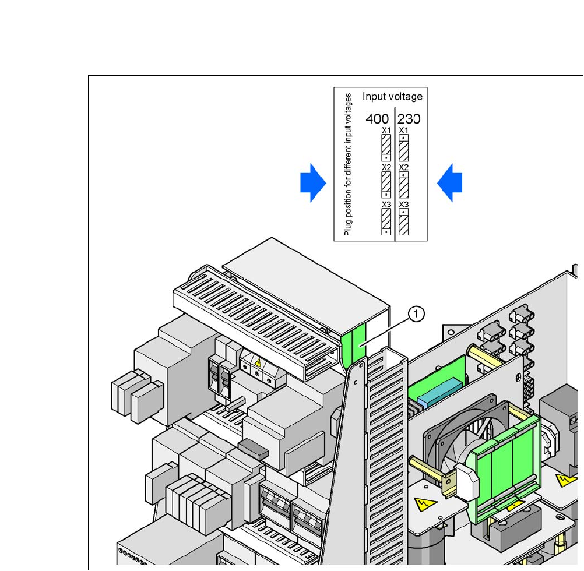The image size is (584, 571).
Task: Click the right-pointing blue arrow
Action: (x=313, y=183)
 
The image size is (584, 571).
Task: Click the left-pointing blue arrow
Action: (x=450, y=183)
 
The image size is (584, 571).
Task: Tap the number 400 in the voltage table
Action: (x=377, y=119)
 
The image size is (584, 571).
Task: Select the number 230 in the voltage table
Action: (x=409, y=119)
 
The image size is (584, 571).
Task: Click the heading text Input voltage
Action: (x=393, y=96)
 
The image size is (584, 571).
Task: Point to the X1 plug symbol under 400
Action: (x=386, y=148)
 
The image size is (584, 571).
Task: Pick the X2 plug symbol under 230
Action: (x=403, y=185)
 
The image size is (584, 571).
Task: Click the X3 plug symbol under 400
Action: (x=386, y=221)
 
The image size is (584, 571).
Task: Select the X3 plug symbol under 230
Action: (x=403, y=221)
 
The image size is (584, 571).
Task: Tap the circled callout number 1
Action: (x=416, y=314)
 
